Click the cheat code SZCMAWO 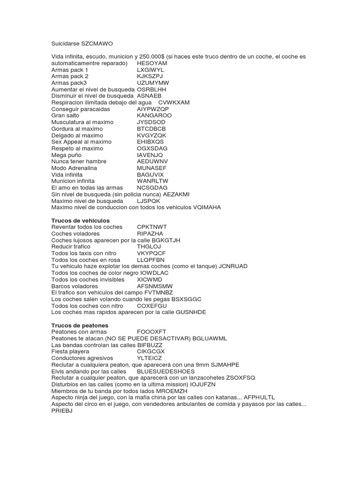coord(97,43)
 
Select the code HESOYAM coord(152,63)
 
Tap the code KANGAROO coord(154,115)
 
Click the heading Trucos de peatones coord(79,325)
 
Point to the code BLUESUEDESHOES coord(165,371)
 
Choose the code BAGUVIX coord(150,174)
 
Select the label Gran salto coord(65,115)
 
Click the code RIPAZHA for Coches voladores coord(150,233)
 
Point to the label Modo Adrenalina coord(74,168)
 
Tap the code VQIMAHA coord(207,207)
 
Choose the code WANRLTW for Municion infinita coord(152,181)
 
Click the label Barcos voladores coord(75,285)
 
